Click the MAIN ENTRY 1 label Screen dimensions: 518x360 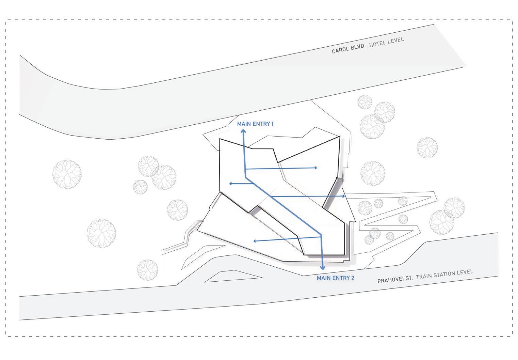255,124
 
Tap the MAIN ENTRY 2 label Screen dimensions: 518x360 335,278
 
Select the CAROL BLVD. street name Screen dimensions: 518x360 348,48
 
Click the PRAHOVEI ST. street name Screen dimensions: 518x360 395,280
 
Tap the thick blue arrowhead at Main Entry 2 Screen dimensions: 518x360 323,267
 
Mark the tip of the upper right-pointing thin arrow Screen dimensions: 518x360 317,168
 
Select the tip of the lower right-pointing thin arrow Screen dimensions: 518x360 345,196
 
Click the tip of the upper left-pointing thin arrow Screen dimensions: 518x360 230,184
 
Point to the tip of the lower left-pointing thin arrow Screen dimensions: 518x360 254,241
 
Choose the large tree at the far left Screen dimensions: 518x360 67,174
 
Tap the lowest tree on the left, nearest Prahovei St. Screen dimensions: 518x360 147,270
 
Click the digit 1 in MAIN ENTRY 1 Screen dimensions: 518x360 272,124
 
